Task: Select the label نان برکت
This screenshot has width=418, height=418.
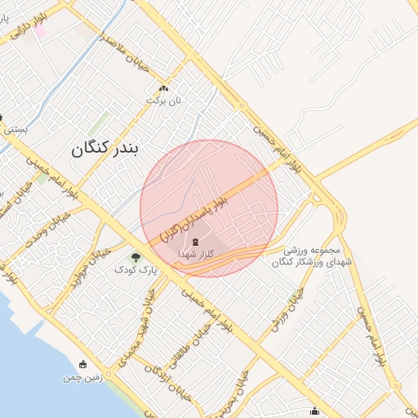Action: point(164,100)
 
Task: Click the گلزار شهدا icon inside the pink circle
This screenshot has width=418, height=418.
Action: point(195,242)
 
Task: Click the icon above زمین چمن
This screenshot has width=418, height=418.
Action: point(82,365)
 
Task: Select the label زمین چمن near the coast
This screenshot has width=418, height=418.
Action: point(82,378)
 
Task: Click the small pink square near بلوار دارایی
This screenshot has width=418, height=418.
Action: point(39,30)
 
